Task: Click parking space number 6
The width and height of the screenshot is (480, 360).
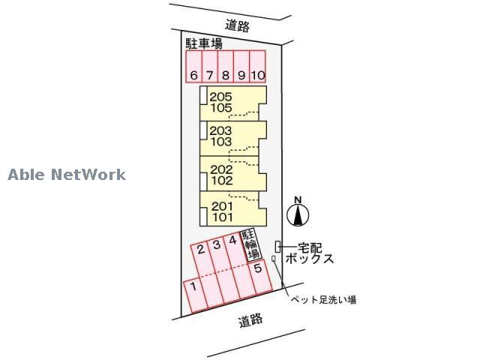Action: [x=193, y=74]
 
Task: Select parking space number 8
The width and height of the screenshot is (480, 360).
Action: [x=225, y=74]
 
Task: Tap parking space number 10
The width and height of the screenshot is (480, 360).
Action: [x=257, y=74]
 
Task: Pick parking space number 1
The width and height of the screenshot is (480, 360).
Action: [x=193, y=286]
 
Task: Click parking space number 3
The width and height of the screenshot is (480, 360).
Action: [x=217, y=244]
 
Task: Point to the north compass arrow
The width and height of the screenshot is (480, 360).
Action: [x=298, y=216]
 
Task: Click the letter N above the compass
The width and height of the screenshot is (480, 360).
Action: [x=298, y=199]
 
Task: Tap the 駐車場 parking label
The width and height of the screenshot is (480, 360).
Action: [x=204, y=44]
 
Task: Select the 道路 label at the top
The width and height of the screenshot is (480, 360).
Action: [x=238, y=25]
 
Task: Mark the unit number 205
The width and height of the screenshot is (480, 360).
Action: [x=221, y=96]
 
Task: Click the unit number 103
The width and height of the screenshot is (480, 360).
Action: [x=221, y=142]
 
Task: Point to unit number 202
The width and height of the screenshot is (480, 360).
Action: [x=221, y=169]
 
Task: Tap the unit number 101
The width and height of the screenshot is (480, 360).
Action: [x=221, y=217]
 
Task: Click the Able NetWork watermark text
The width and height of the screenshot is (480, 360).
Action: [x=67, y=175]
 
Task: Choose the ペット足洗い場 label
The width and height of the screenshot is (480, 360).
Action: [x=323, y=300]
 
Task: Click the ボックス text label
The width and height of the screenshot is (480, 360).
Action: [x=306, y=259]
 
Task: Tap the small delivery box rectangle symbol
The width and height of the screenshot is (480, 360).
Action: [x=278, y=246]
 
